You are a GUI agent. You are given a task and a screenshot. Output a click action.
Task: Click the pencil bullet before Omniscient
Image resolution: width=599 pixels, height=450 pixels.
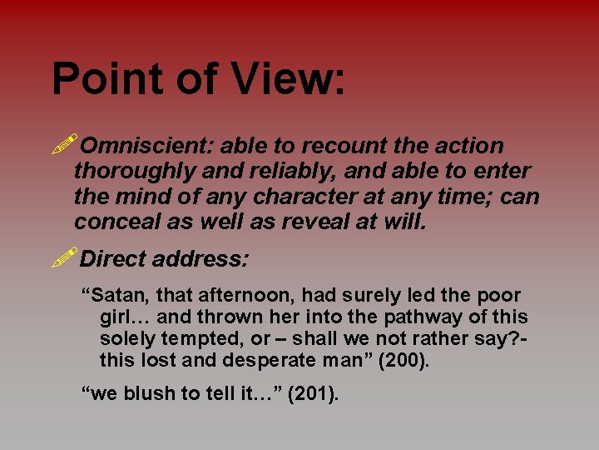click(64, 145)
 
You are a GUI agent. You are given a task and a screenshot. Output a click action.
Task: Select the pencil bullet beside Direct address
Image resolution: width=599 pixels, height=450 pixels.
click(64, 257)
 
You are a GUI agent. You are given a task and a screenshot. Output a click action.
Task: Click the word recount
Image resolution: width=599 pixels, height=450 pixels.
click(344, 146)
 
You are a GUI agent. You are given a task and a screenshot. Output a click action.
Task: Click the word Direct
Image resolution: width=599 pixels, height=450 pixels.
click(113, 258)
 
